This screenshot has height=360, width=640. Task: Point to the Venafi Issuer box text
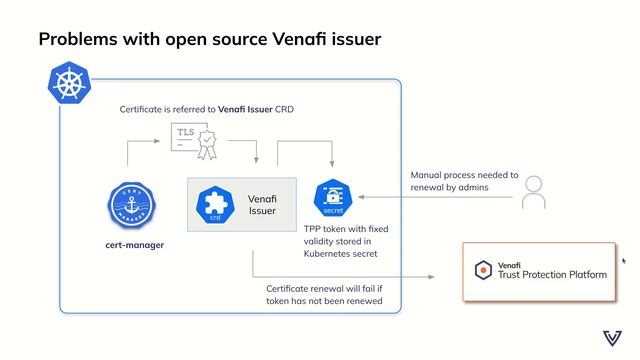coord(262,205)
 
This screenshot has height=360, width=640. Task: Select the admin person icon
coord(534,191)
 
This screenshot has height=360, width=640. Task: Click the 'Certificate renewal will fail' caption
coord(324,294)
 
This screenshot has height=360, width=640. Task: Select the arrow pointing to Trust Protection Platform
coord(350,276)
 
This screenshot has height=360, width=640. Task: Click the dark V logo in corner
coord(612,337)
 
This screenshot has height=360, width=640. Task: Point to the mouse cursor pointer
coord(624,261)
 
